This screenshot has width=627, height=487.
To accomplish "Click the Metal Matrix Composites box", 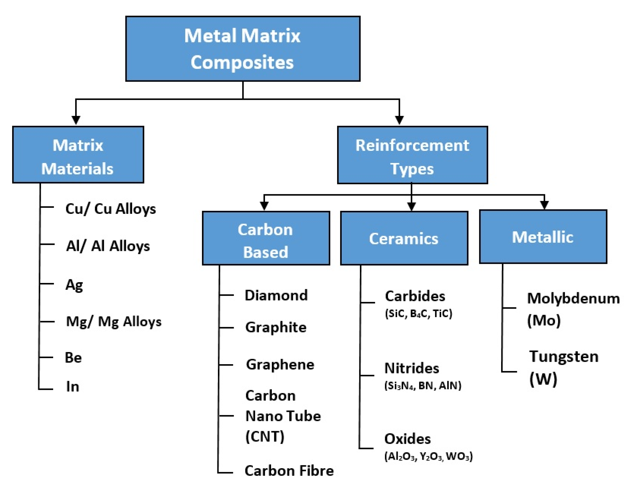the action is coord(242,48).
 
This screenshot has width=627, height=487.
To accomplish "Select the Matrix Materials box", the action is coord(78,155).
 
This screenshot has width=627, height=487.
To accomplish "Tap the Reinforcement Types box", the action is coord(412,155).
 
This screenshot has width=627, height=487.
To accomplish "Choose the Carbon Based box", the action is coord(266,238).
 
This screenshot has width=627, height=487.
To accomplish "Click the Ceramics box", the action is coord(404,238).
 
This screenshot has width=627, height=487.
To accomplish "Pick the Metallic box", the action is coord(543,237).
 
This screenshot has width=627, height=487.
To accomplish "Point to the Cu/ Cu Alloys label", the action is coord(111,209).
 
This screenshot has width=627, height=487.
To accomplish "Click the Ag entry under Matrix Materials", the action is coord(74,285).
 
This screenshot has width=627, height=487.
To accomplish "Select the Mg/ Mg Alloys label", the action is coord(114,322).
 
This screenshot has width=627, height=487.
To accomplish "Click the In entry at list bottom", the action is coord(72,386).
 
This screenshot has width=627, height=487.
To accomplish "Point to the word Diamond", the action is coord(276,295).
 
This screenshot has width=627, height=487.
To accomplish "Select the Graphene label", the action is coord(280,365).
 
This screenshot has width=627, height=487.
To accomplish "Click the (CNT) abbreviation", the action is coord(265,436).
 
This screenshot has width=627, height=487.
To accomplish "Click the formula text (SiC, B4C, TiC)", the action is coord(419,313).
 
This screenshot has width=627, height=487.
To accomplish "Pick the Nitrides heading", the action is coord(412,368).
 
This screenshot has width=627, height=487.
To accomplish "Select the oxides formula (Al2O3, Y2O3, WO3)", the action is coord(428,456).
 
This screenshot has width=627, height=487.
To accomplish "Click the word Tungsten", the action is coord(564,357).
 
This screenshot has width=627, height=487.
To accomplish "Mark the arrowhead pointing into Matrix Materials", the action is coord(76,120).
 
